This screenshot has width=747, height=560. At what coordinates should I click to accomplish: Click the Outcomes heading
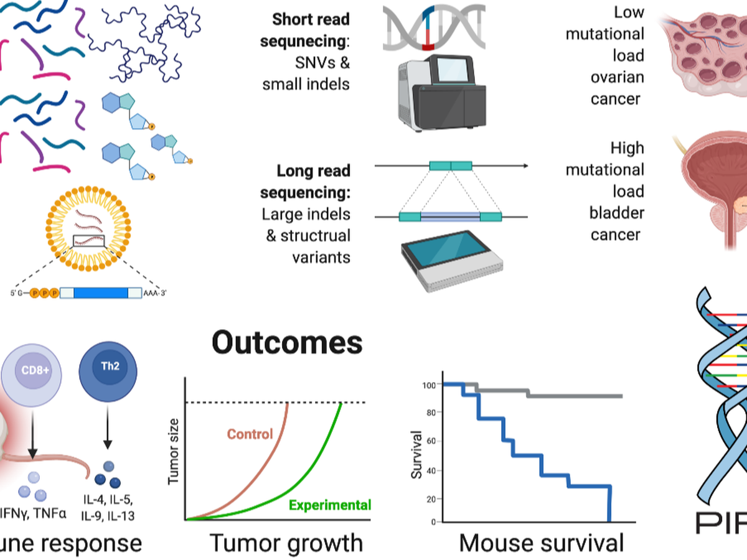[x=287, y=343]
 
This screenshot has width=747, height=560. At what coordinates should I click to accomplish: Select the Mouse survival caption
[x=541, y=543]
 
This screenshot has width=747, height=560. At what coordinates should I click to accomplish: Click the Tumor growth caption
[x=286, y=543]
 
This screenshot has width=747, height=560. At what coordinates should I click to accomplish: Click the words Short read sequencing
[x=311, y=30]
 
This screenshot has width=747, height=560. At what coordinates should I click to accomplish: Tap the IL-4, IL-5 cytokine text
[x=108, y=501]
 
